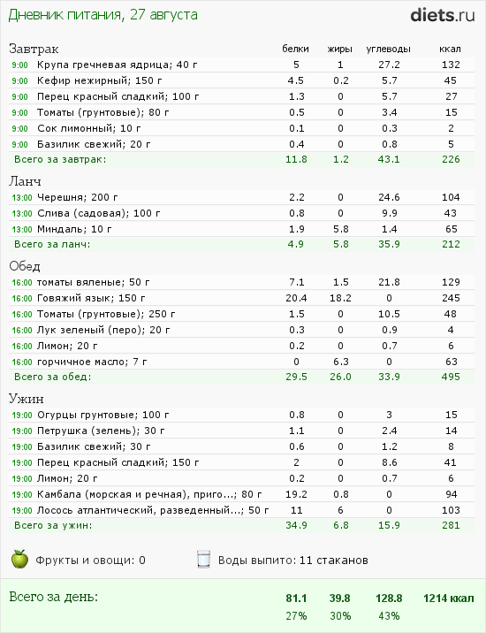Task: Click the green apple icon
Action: point(19,559)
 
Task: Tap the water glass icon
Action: point(203,559)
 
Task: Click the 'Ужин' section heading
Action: point(26,398)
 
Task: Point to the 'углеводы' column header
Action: point(388,49)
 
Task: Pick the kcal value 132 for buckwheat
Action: point(451,65)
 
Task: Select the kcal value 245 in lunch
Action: point(451,298)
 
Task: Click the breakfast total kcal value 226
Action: point(451,159)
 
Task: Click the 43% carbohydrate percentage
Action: point(388,615)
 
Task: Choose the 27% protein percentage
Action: point(295,615)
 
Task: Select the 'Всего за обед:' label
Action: point(53,377)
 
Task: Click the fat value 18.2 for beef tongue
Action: point(339,298)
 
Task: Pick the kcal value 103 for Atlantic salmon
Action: point(451,510)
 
